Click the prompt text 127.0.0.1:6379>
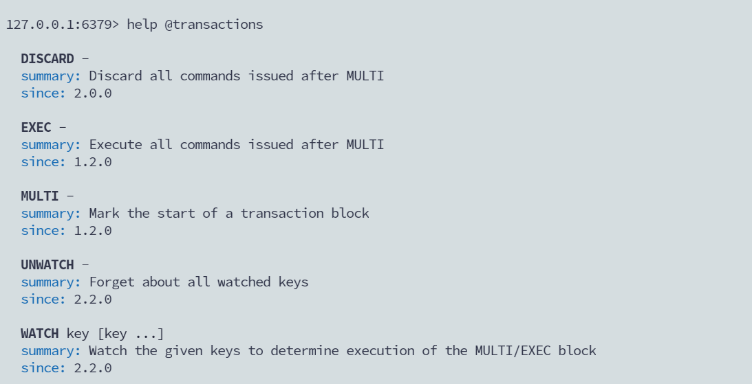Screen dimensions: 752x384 pyautogui.click(x=63, y=25)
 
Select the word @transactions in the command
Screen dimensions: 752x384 pyautogui.click(x=214, y=25)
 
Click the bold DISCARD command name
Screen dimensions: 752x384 pyautogui.click(x=47, y=59)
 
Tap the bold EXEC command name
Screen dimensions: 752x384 pyautogui.click(x=36, y=128)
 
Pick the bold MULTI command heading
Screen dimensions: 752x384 pyautogui.click(x=40, y=196)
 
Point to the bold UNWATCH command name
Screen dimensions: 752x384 pyautogui.click(x=47, y=265)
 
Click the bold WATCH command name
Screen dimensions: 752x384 pyautogui.click(x=40, y=334)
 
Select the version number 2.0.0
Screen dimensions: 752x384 pyautogui.click(x=93, y=93)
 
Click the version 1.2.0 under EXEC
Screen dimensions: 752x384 pyautogui.click(x=93, y=162)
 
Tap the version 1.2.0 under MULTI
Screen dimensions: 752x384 pyautogui.click(x=93, y=231)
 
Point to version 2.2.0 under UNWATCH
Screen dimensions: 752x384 pyautogui.click(x=93, y=300)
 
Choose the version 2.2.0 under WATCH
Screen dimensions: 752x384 pyautogui.click(x=93, y=368)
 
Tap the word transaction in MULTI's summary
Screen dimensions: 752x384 pyautogui.click(x=282, y=214)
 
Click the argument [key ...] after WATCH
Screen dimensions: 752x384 pyautogui.click(x=131, y=334)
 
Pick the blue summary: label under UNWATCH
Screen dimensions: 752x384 pyautogui.click(x=51, y=282)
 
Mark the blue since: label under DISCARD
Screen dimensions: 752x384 pyautogui.click(x=43, y=93)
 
